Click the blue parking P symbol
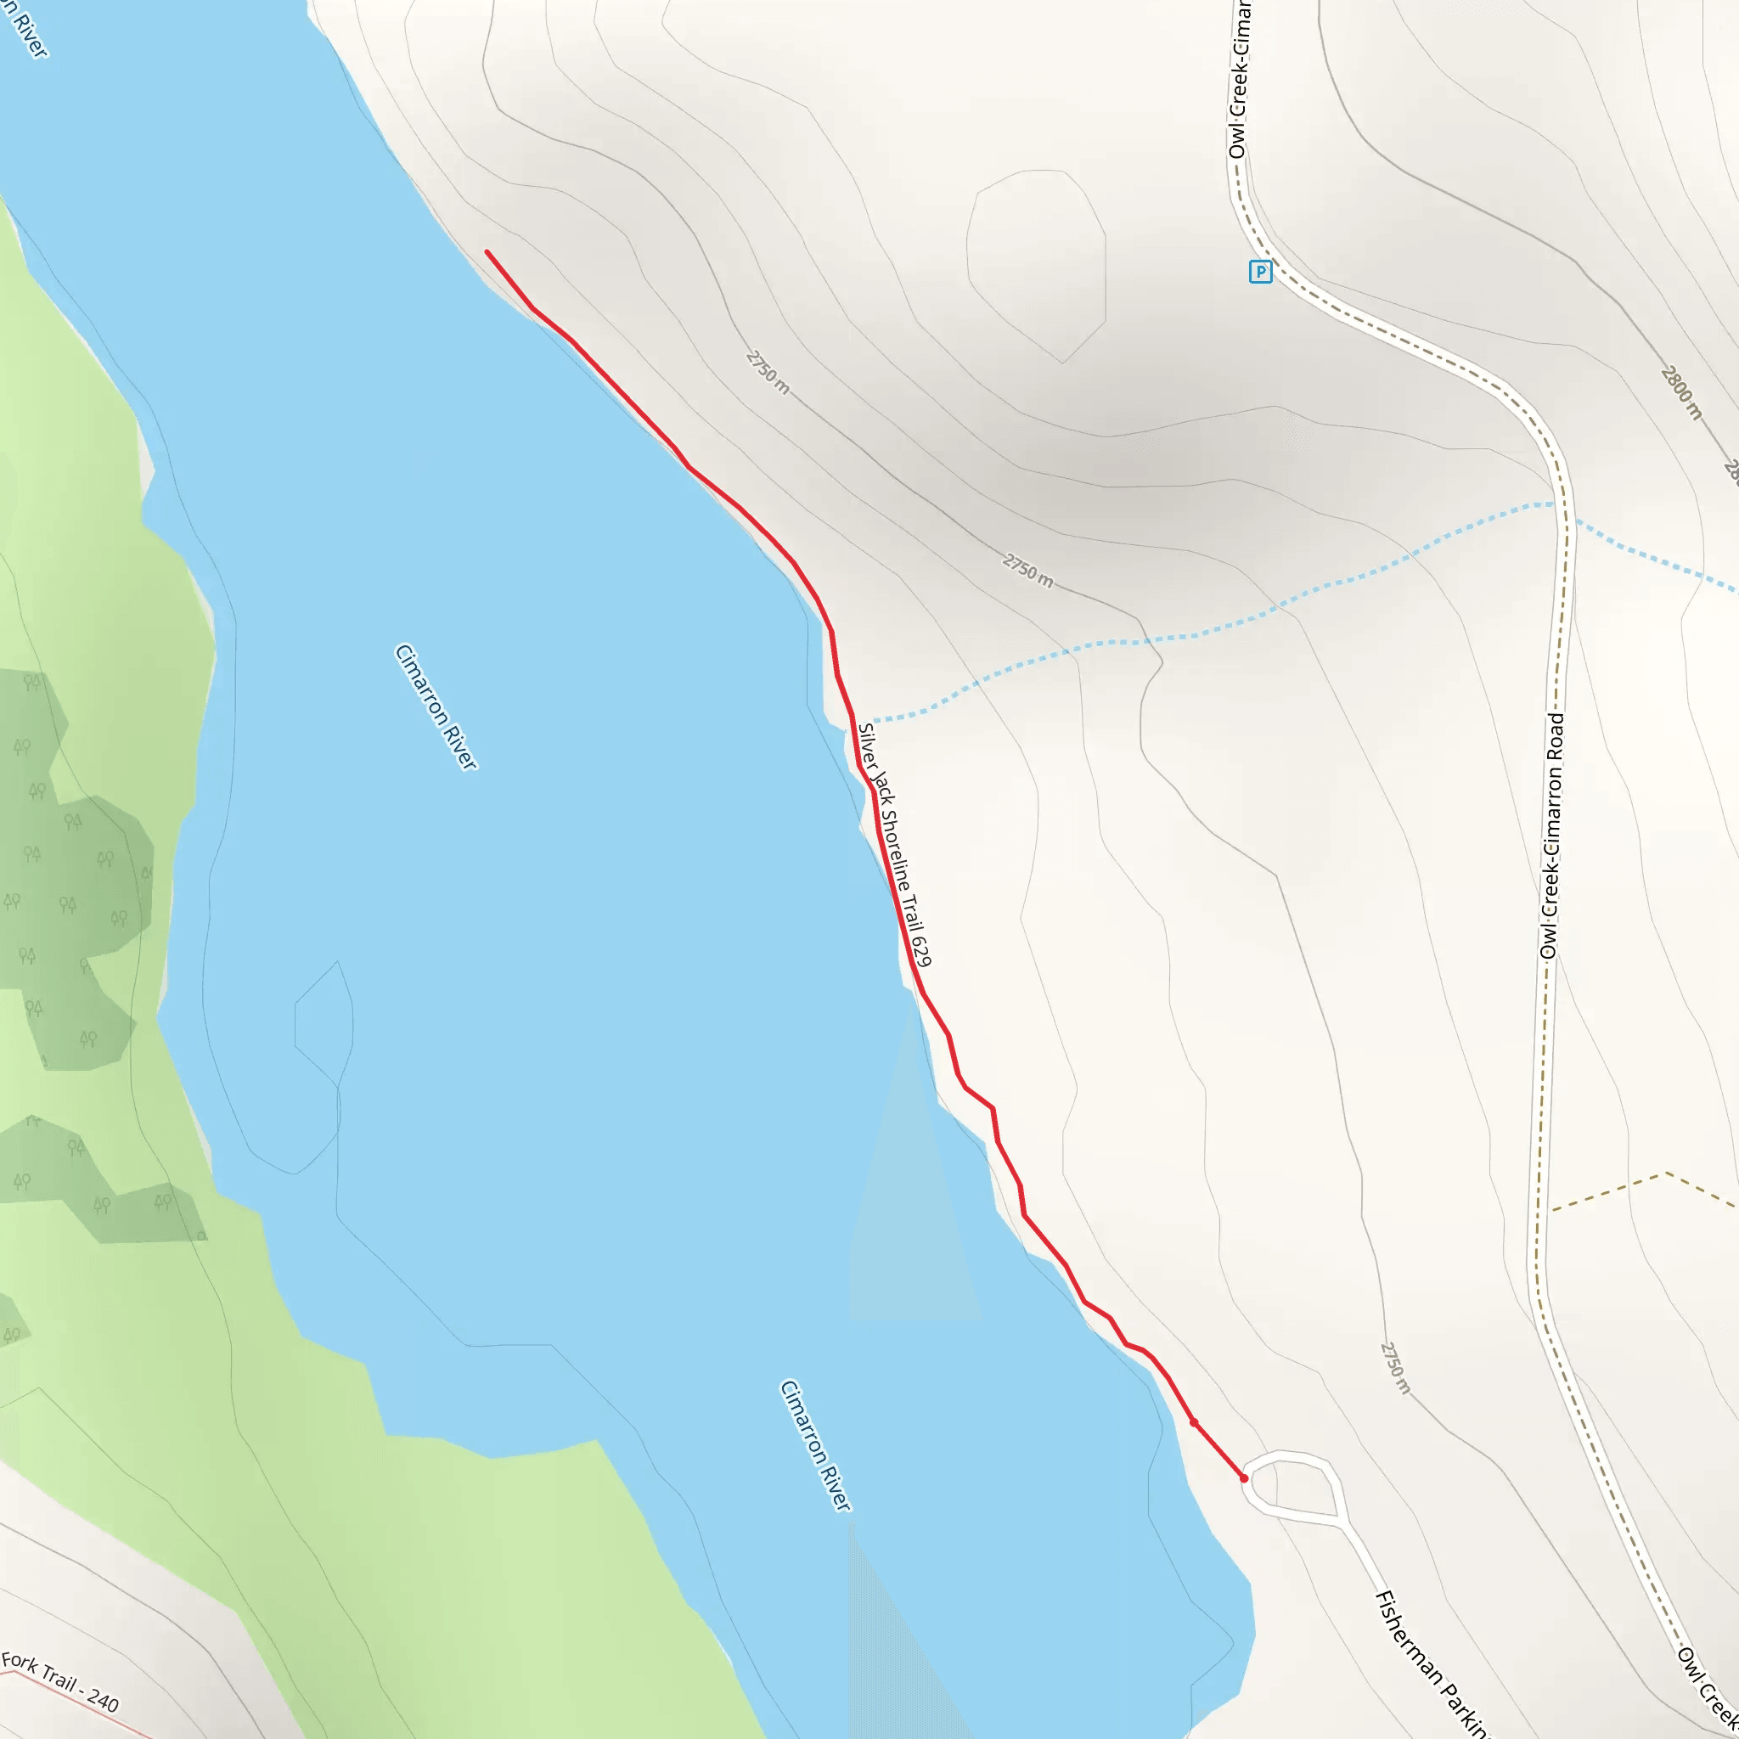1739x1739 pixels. [x=1260, y=271]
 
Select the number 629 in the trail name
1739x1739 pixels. [x=920, y=950]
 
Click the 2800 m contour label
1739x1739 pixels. [x=1681, y=392]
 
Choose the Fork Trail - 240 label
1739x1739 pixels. [x=59, y=1682]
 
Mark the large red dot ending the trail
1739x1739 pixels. [x=1244, y=1478]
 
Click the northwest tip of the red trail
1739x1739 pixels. [x=487, y=252]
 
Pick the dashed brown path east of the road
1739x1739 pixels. [x=1643, y=1188]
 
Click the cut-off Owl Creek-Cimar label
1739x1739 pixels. [x=1240, y=81]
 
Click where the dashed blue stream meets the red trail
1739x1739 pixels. [x=856, y=721]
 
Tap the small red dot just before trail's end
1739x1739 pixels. [x=1194, y=1422]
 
